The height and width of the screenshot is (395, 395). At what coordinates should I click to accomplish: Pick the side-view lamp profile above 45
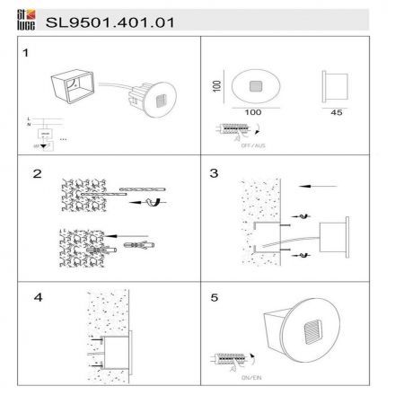[x=333, y=85]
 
